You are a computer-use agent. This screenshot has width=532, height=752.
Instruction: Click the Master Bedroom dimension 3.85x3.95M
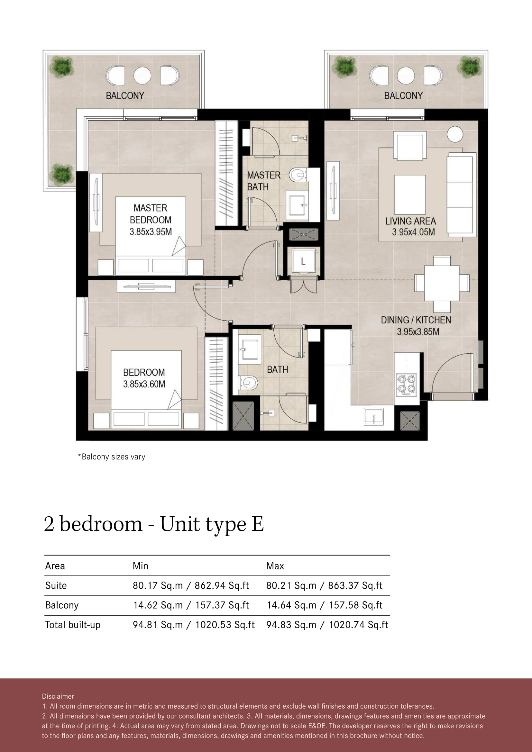click(151, 232)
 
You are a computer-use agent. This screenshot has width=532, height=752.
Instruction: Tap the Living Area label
click(410, 221)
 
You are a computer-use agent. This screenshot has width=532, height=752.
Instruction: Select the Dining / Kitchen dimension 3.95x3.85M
click(418, 332)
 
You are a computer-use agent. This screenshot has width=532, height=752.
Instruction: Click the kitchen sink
click(374, 417)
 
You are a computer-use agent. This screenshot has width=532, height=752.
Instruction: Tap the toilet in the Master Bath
click(298, 175)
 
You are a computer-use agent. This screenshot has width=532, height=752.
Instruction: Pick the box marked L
click(303, 261)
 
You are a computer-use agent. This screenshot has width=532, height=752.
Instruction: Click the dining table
click(442, 283)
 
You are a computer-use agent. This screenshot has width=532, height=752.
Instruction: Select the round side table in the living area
click(455, 134)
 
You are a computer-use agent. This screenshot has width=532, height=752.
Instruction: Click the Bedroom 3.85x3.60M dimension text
click(144, 384)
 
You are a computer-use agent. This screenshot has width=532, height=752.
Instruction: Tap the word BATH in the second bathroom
click(278, 369)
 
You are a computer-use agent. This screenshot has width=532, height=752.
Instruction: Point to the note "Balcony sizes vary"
click(111, 457)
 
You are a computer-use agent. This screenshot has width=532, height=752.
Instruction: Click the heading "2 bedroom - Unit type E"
click(154, 524)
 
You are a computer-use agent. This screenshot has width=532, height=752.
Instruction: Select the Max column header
click(275, 566)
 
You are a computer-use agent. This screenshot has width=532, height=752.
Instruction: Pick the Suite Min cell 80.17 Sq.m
click(158, 585)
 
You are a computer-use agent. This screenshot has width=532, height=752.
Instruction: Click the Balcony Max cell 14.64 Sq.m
click(291, 605)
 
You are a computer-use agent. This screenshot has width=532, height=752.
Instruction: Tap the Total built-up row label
click(73, 625)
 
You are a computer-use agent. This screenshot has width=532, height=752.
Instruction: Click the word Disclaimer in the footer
click(58, 696)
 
